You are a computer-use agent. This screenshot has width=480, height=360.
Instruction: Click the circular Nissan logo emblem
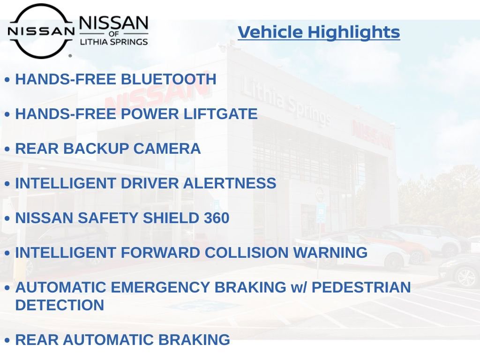click(x=41, y=31)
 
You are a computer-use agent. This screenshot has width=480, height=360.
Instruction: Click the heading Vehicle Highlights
click(x=319, y=32)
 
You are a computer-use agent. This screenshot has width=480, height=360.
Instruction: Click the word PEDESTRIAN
click(x=361, y=287)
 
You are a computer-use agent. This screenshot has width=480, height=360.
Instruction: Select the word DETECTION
click(x=60, y=305)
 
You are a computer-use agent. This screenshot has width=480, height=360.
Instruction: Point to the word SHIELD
click(x=171, y=218)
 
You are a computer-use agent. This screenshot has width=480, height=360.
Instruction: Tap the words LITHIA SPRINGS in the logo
click(x=114, y=42)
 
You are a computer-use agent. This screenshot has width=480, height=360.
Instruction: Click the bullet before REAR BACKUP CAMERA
click(x=7, y=149)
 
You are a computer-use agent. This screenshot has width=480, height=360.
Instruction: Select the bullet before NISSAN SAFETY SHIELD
click(x=7, y=218)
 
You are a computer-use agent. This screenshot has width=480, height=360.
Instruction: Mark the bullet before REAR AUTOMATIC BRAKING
click(x=7, y=340)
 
